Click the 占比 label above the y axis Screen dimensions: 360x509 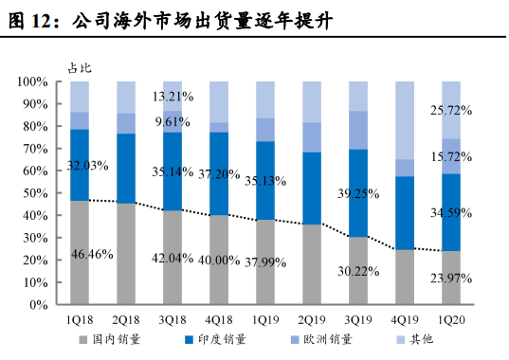click(80, 66)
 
